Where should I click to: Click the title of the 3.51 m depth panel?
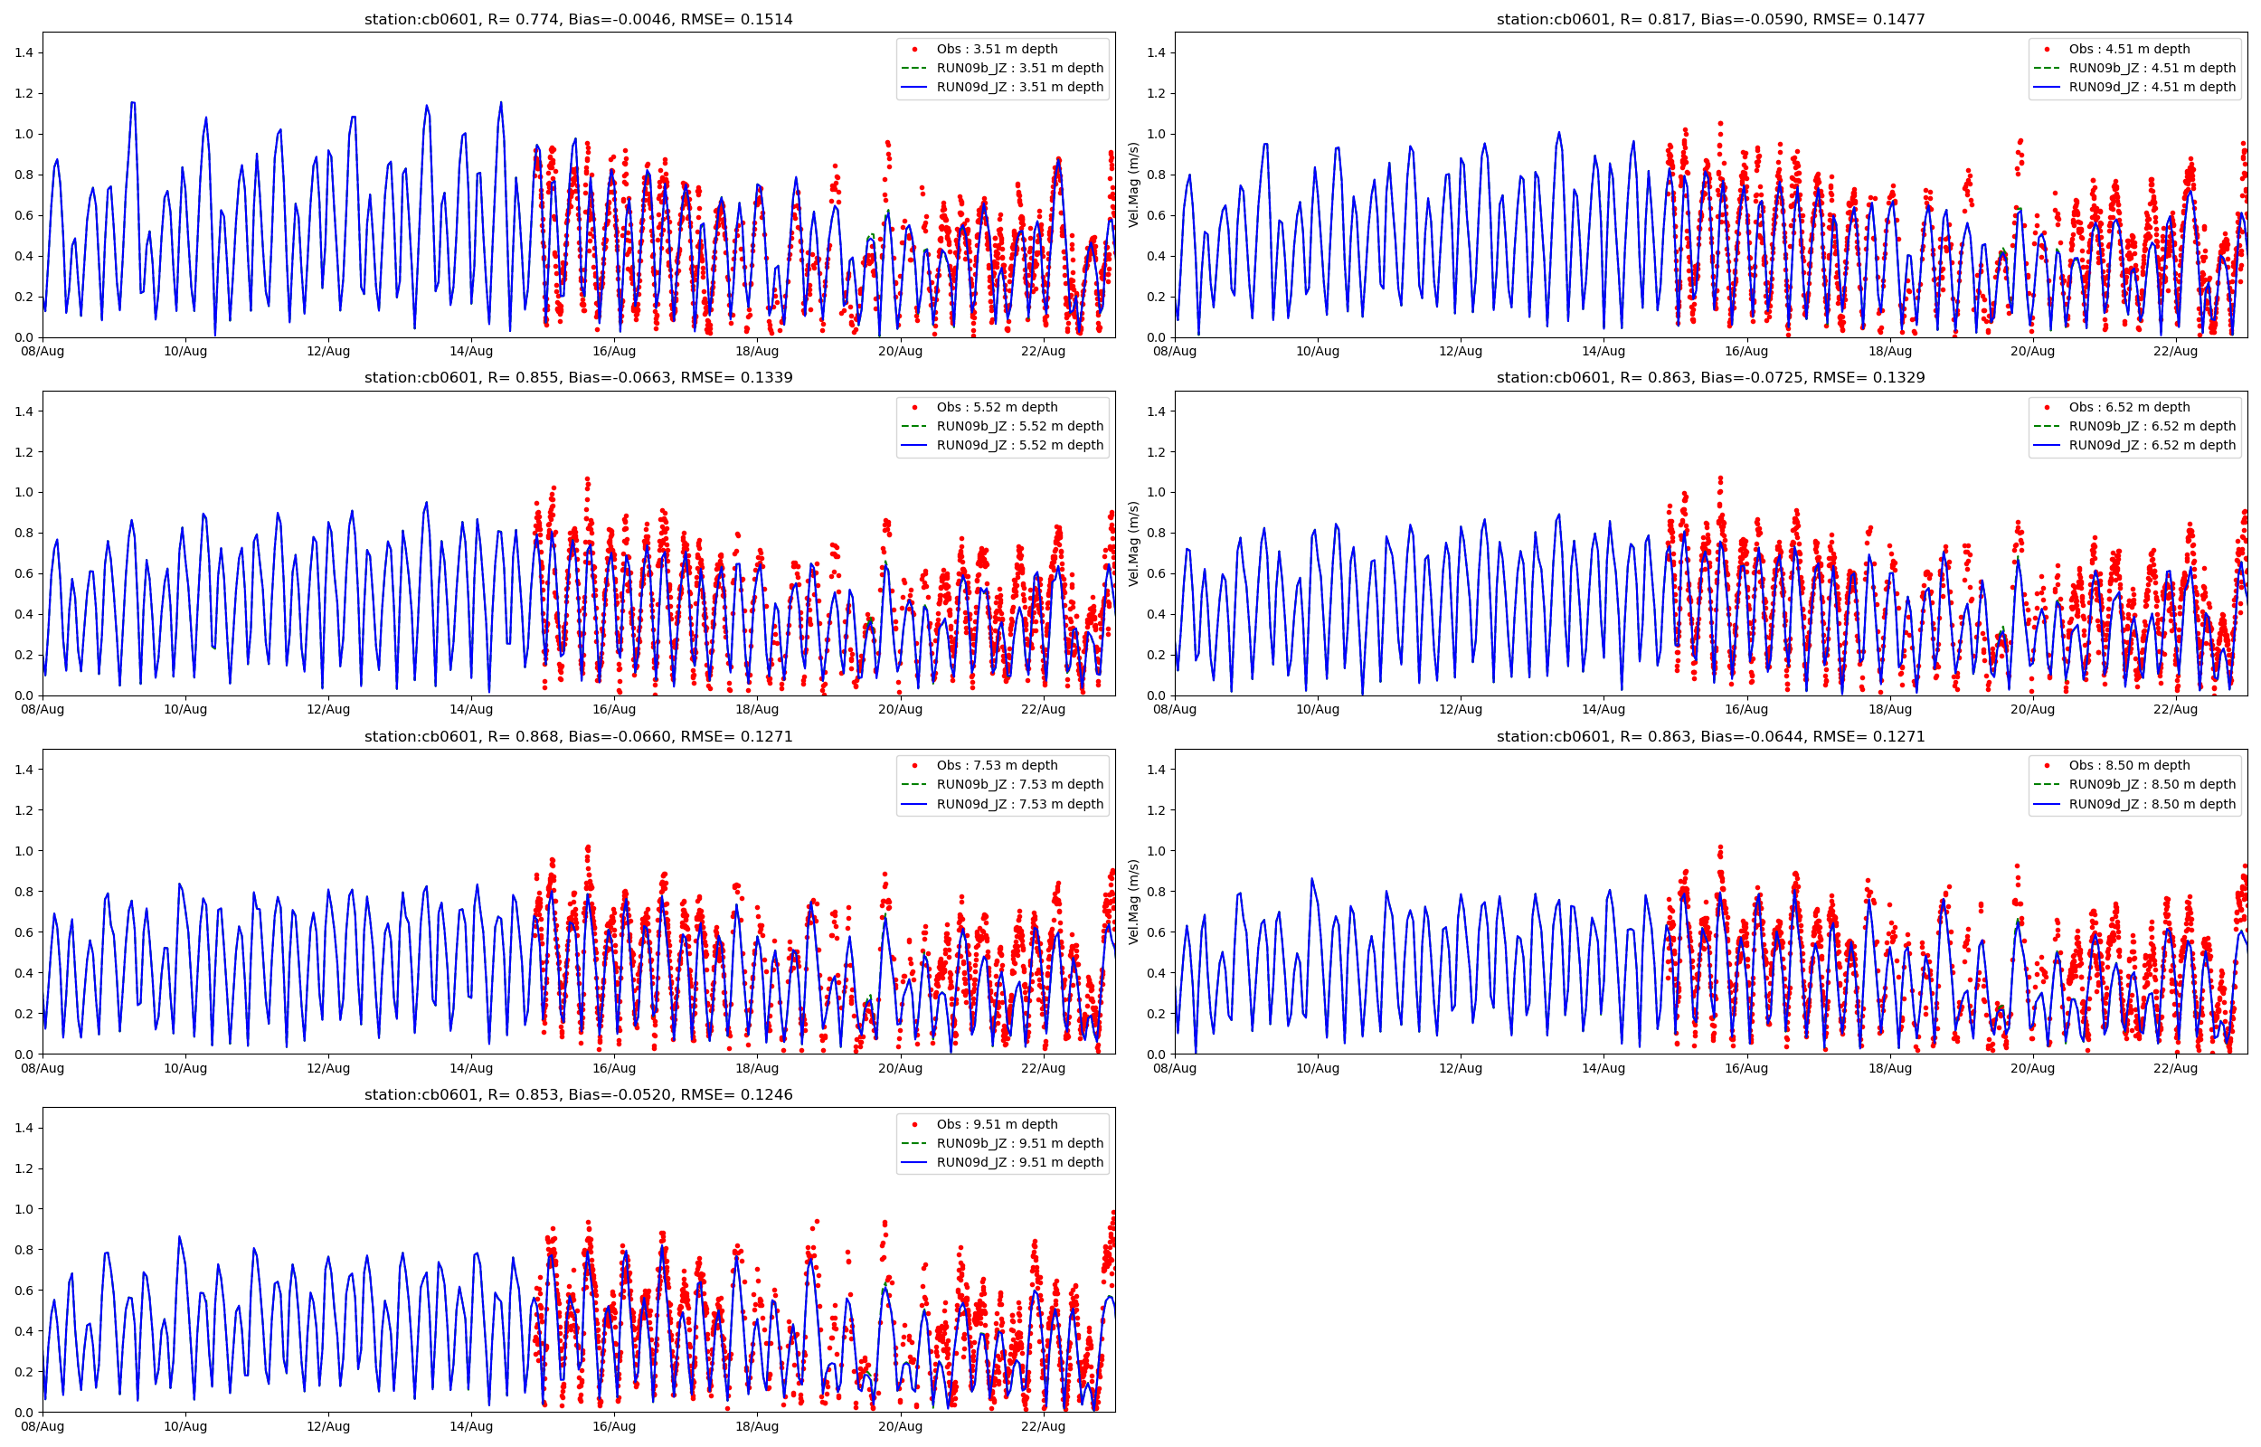pos(578,19)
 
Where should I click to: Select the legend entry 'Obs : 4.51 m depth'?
pos(2129,49)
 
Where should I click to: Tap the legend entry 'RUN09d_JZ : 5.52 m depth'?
pos(1019,445)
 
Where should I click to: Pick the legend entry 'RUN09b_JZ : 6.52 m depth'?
pos(2151,427)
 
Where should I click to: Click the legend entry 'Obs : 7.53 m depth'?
pos(997,766)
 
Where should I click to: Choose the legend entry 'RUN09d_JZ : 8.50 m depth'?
pos(2151,804)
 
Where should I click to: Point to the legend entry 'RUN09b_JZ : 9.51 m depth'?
pos(1019,1143)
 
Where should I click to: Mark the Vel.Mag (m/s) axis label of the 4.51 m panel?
pos(1134,184)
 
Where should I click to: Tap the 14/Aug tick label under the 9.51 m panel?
pos(470,1426)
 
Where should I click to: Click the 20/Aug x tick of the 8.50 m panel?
pos(2032,1068)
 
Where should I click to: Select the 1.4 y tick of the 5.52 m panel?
pos(24,411)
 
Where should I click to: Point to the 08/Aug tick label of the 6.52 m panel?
pos(1174,709)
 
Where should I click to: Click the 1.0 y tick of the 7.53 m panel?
pos(24,851)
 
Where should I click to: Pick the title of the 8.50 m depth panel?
pos(1709,737)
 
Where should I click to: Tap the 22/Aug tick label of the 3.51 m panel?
pos(1043,352)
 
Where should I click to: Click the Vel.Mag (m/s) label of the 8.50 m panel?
pos(1134,901)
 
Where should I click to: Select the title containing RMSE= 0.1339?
pos(578,378)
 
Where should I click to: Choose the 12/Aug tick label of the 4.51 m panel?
pos(1460,352)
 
